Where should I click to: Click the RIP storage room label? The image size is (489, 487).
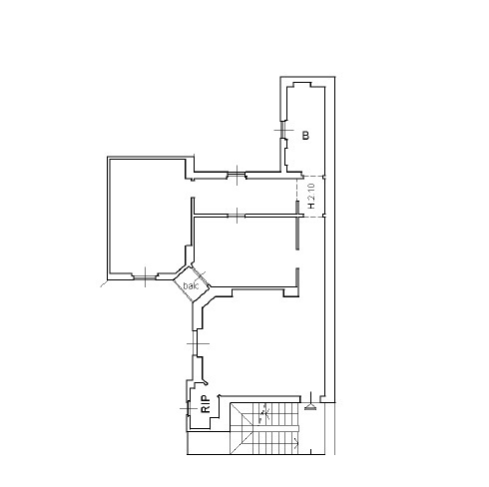click(205, 404)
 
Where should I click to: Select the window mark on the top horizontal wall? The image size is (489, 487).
click(236, 176)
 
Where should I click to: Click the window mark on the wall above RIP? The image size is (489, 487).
click(197, 345)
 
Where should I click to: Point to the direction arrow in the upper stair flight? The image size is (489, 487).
click(264, 410)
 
